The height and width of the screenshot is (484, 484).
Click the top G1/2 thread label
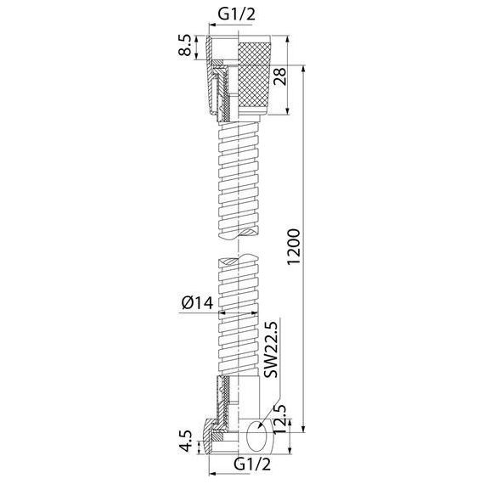237,14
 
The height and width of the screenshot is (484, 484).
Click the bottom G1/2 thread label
252,464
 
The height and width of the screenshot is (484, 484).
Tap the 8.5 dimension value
185,45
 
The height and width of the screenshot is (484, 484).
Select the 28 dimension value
279,76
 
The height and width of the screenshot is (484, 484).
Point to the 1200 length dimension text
293,247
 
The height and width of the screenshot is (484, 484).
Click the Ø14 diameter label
198,302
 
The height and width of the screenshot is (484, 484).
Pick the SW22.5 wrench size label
271,349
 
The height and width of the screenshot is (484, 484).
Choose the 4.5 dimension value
186,442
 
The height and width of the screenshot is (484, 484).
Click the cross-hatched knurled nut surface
254,73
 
